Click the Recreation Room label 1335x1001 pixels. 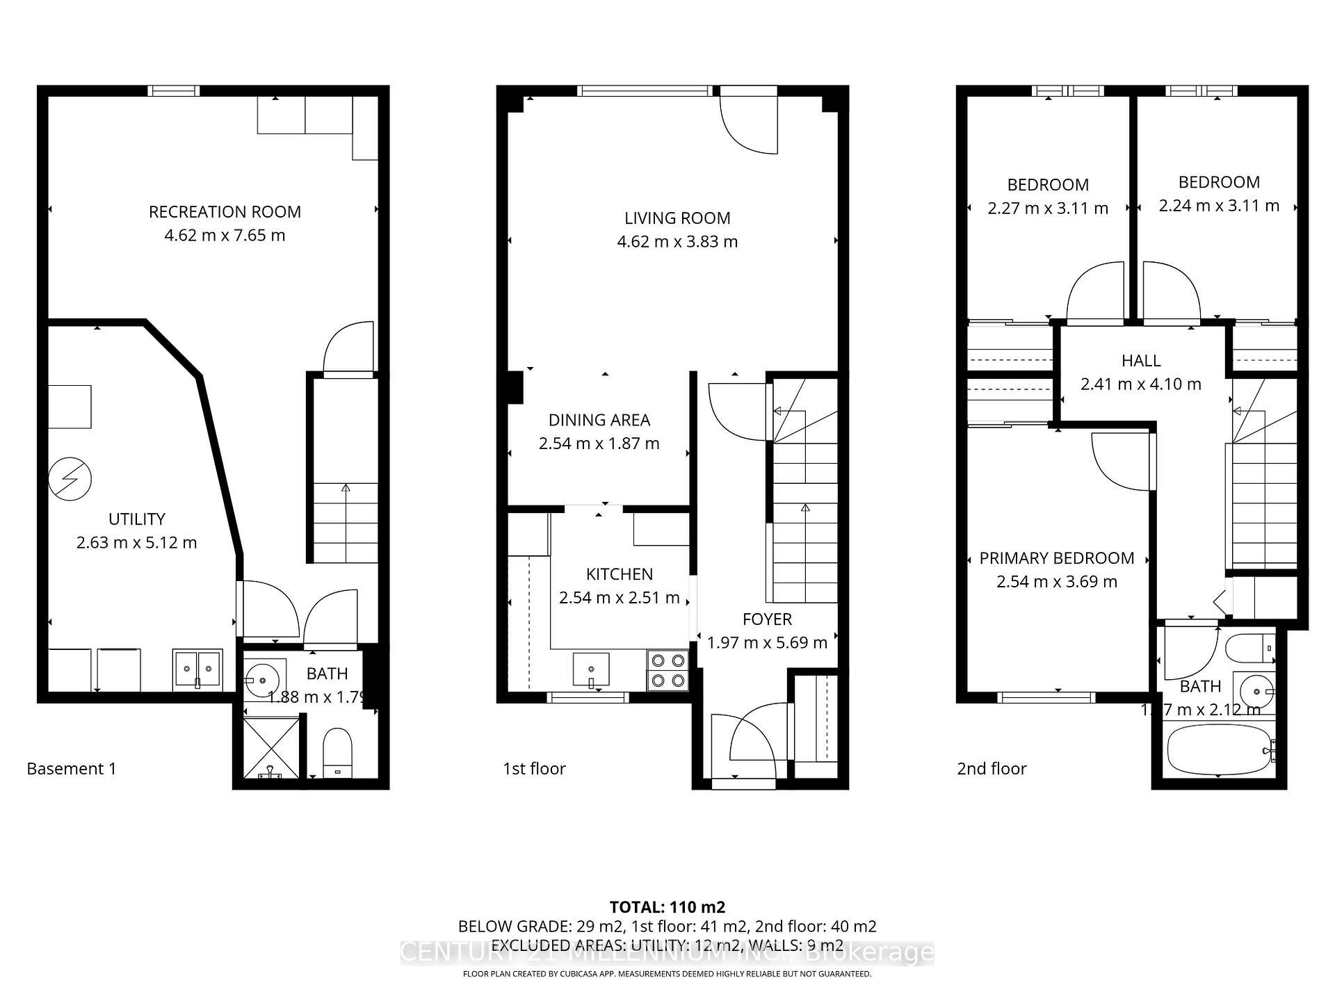click(x=225, y=212)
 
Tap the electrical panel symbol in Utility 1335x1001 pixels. click(x=70, y=478)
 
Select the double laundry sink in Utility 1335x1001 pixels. click(x=197, y=669)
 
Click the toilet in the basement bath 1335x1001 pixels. click(x=339, y=753)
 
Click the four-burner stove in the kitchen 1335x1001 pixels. click(x=667, y=671)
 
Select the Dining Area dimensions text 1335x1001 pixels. click(x=599, y=443)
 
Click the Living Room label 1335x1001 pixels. click(x=677, y=218)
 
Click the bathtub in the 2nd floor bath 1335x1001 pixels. click(x=1220, y=749)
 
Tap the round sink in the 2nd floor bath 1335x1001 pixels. click(x=1256, y=691)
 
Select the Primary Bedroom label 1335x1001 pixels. click(x=1056, y=558)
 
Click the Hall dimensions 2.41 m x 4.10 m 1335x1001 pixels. click(x=1140, y=384)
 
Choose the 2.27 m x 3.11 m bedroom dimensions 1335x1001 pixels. click(x=1048, y=209)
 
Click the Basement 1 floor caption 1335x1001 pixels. click(x=72, y=769)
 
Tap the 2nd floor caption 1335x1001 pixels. click(x=992, y=769)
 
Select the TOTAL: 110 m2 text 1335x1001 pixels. click(x=667, y=907)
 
